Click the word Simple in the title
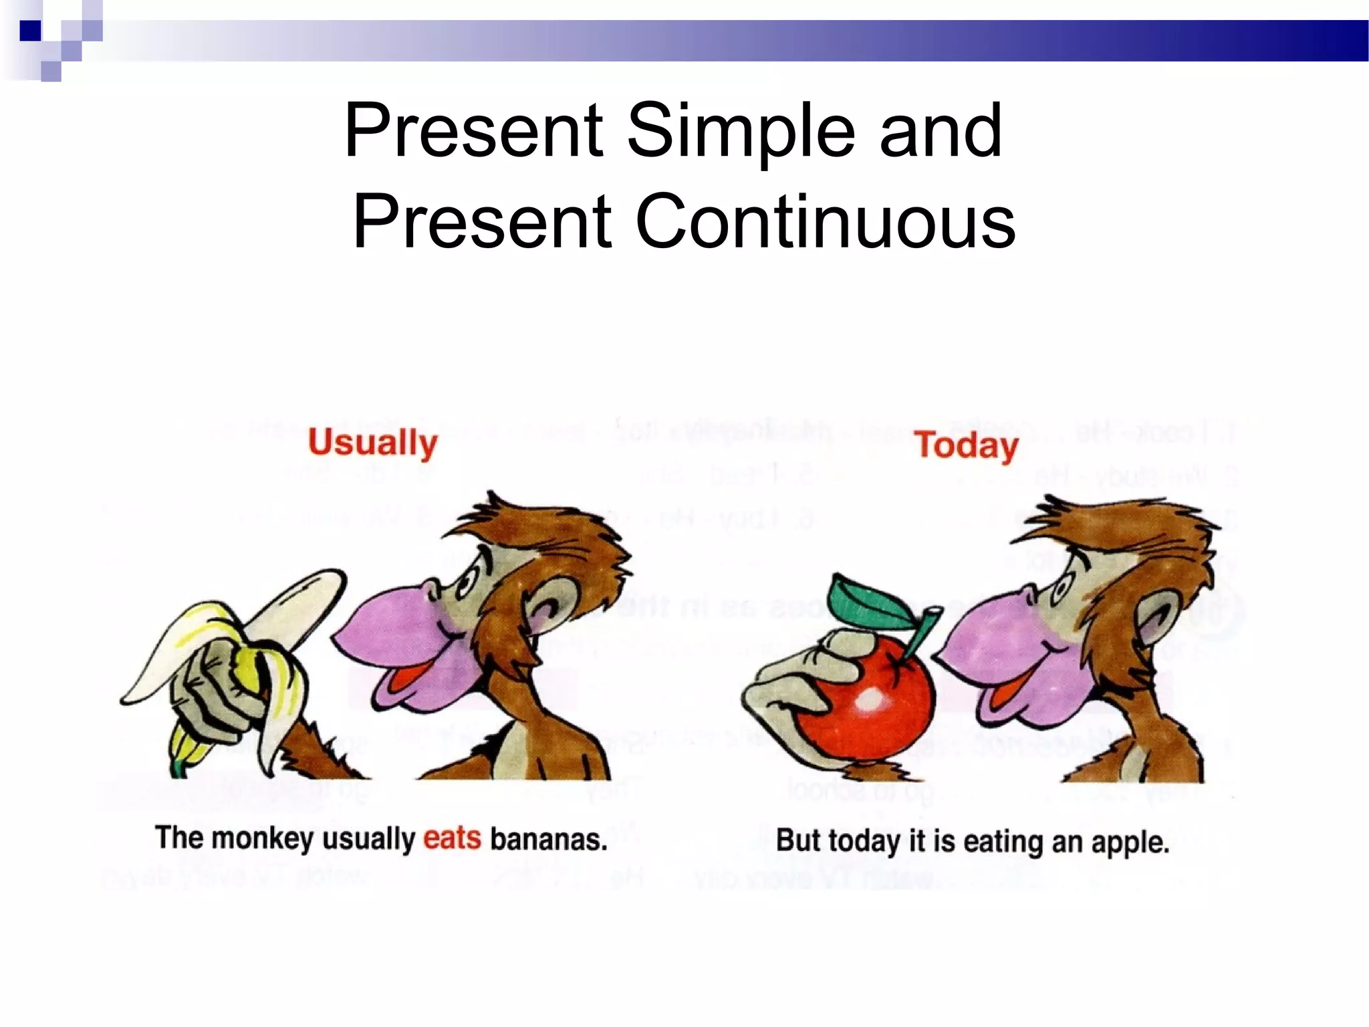coord(741,131)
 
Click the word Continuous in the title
coord(825,222)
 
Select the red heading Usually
coord(373,444)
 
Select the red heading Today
coord(967,447)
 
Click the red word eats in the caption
coord(452,838)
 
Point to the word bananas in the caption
coord(548,840)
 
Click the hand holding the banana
coord(214,689)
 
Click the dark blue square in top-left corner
coord(30,31)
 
